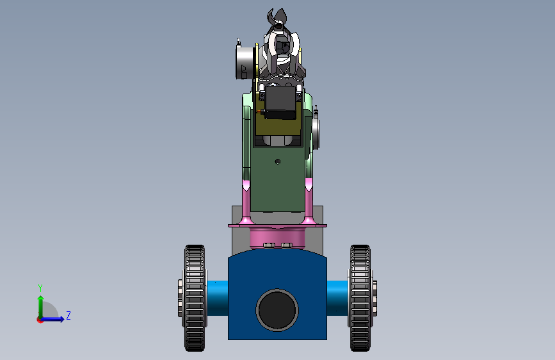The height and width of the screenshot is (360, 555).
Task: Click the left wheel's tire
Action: click(x=195, y=298)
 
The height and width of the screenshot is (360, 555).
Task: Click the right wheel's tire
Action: click(x=360, y=298)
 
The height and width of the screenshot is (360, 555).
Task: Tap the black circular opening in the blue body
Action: click(x=277, y=309)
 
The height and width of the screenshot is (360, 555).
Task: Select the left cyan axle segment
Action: click(x=216, y=298)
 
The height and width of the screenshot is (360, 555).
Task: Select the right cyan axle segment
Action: click(x=337, y=298)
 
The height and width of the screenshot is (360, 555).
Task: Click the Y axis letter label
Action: click(x=40, y=288)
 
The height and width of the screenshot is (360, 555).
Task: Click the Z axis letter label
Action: click(x=68, y=316)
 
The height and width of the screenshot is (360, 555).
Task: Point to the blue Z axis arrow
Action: click(x=55, y=318)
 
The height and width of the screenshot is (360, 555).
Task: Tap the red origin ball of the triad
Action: click(x=40, y=319)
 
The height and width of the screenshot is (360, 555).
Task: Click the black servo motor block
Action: click(x=280, y=102)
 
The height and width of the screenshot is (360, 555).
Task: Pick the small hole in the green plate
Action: click(x=277, y=161)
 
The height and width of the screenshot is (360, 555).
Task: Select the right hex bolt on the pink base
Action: click(x=286, y=245)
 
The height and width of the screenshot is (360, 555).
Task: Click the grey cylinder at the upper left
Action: click(x=244, y=62)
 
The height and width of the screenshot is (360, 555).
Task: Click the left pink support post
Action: click(x=246, y=202)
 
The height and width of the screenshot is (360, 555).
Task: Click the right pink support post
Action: click(x=309, y=202)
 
